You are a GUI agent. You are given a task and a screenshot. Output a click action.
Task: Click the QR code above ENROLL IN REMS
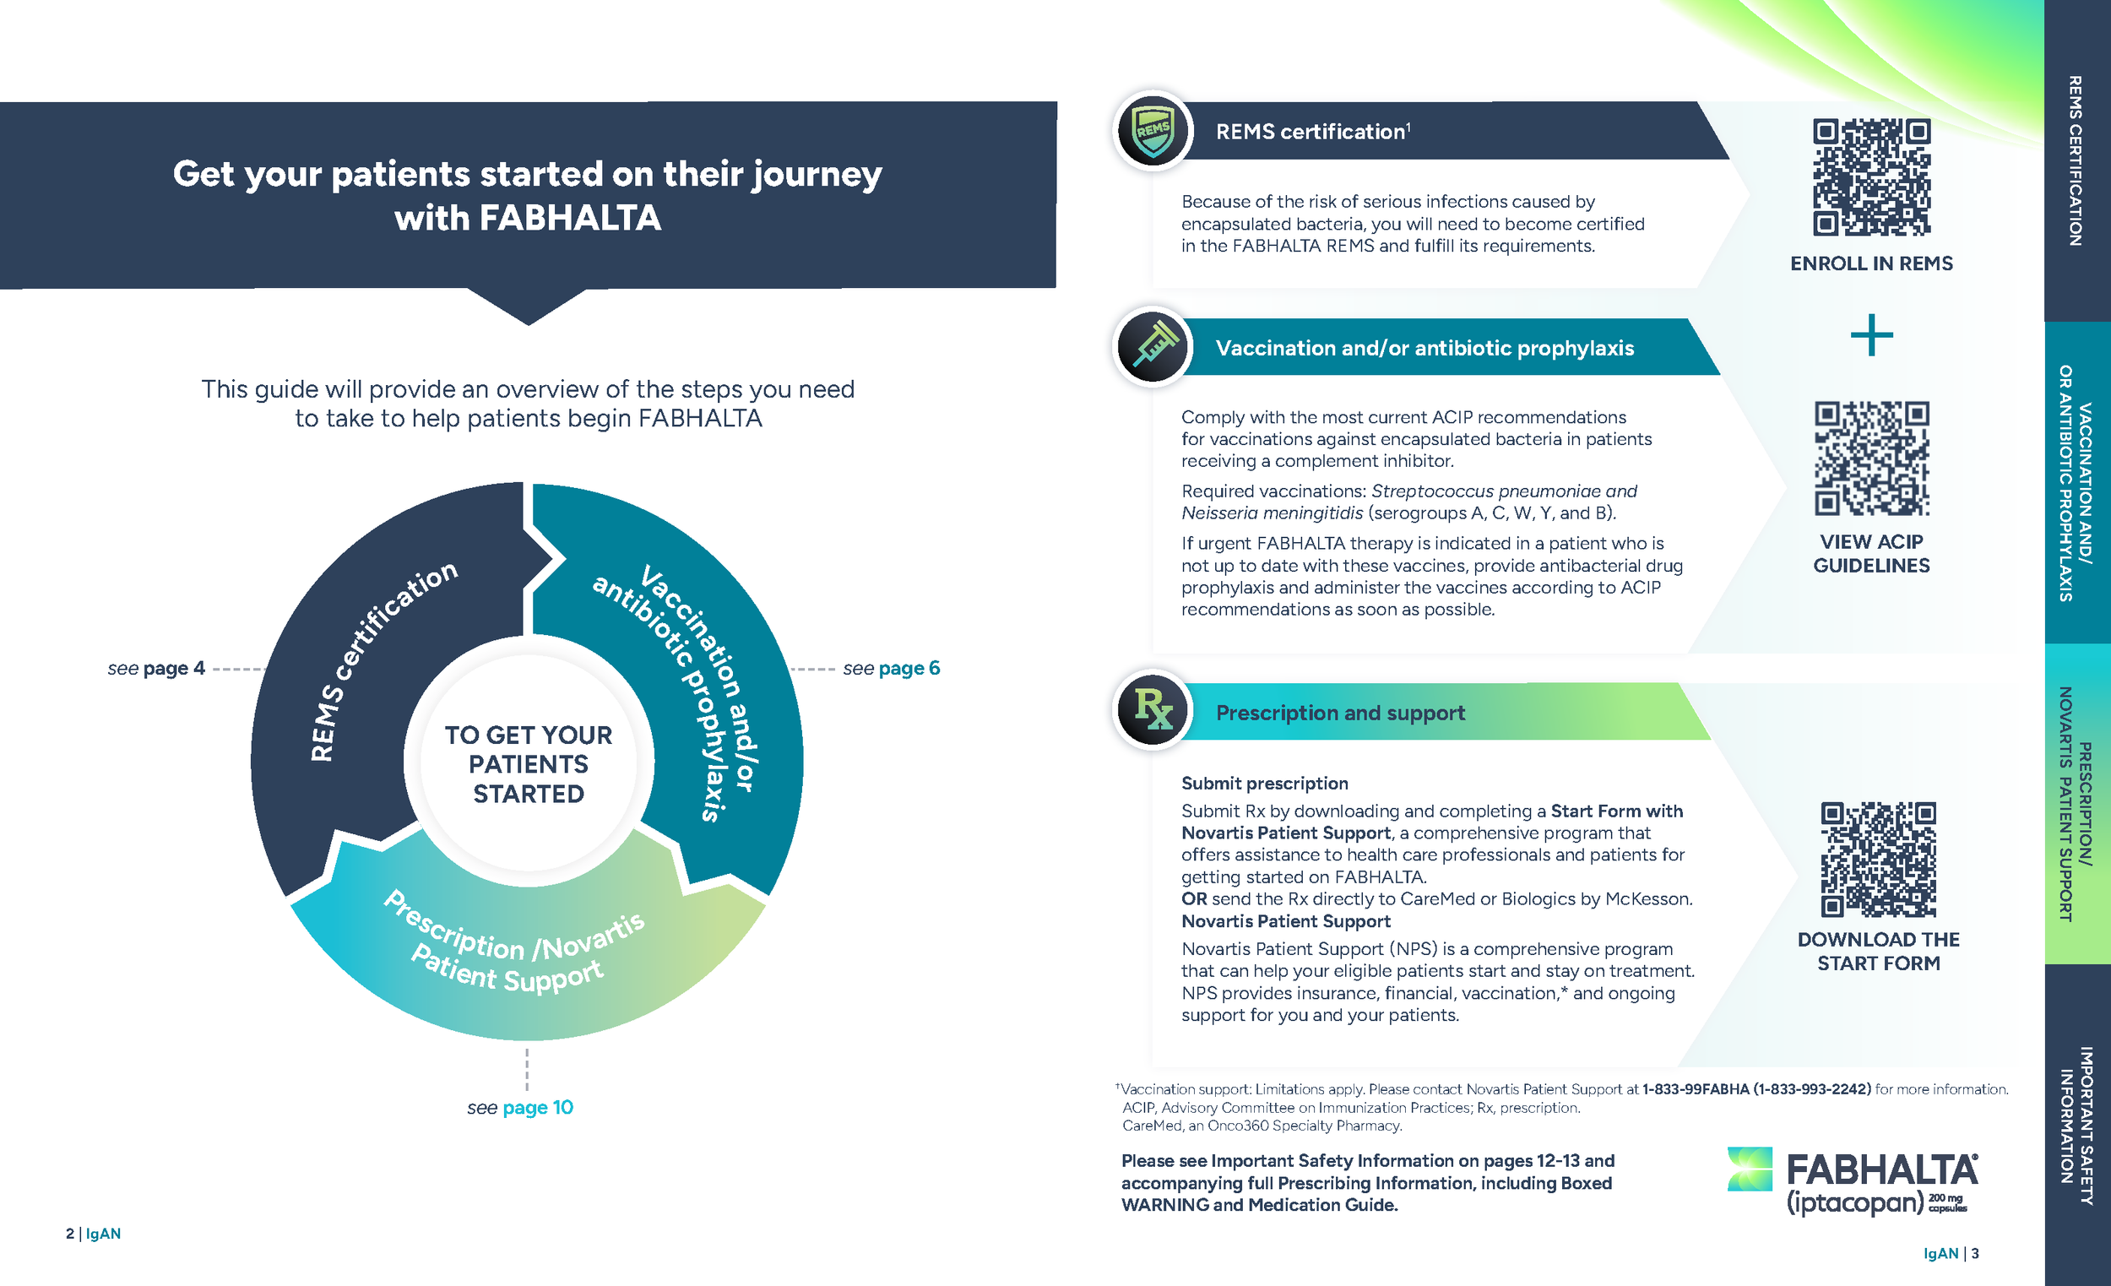pyautogui.click(x=1871, y=176)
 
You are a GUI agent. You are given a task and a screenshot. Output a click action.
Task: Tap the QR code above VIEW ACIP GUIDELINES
pyautogui.click(x=1871, y=459)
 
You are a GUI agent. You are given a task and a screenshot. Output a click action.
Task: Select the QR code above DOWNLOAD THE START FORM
pyautogui.click(x=1878, y=860)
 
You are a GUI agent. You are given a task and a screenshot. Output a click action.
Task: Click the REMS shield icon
pyautogui.click(x=1153, y=131)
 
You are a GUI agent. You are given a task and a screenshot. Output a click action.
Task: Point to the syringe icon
pyautogui.click(x=1153, y=347)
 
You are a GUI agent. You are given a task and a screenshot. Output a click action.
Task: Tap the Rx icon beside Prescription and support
pyautogui.click(x=1153, y=709)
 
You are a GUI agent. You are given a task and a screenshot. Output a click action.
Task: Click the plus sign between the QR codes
pyautogui.click(x=1871, y=335)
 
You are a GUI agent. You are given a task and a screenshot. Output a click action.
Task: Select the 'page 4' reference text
pyautogui.click(x=175, y=668)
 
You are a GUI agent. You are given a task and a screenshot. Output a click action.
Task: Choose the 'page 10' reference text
pyautogui.click(x=538, y=1107)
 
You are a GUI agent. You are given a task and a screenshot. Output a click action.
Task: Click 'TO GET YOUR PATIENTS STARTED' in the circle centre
pyautogui.click(x=529, y=764)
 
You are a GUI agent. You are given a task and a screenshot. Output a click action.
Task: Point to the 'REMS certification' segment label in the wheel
pyautogui.click(x=383, y=660)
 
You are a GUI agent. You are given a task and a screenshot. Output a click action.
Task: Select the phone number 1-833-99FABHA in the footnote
pyautogui.click(x=1695, y=1089)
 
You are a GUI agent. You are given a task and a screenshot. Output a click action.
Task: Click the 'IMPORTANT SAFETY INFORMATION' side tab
pyautogui.click(x=2077, y=1126)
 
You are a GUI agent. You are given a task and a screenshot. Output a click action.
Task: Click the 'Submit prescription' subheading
pyautogui.click(x=1265, y=783)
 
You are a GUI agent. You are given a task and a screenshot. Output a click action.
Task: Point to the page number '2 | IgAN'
pyautogui.click(x=94, y=1234)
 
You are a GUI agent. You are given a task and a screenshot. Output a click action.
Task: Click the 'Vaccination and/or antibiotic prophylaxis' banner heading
pyautogui.click(x=1425, y=348)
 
